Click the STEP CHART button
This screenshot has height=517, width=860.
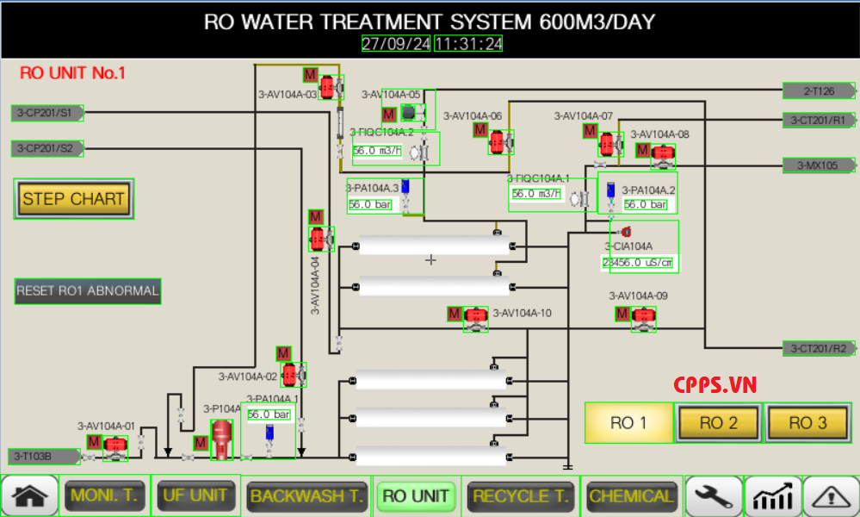[x=74, y=199]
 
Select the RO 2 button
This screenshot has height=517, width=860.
[x=718, y=422]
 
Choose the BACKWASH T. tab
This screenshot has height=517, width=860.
[x=306, y=495]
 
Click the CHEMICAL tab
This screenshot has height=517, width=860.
[x=631, y=495]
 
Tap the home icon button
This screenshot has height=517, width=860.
[x=30, y=496]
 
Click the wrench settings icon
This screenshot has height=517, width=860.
[x=714, y=496]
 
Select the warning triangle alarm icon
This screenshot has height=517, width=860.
[x=831, y=496]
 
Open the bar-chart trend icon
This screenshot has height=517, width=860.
[x=772, y=496]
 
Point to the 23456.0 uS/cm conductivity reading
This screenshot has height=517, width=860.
[x=638, y=263]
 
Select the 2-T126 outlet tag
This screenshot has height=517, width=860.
[x=818, y=90]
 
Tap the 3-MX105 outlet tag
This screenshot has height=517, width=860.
[x=818, y=165]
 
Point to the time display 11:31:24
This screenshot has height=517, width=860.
[x=468, y=44]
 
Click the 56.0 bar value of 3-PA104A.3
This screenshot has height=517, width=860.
[x=370, y=204]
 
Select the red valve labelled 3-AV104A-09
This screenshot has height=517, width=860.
[x=643, y=316]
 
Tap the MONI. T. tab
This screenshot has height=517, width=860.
[x=104, y=495]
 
